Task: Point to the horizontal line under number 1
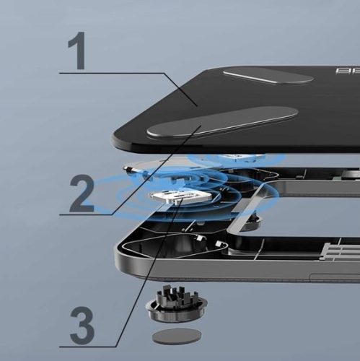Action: point(108,72)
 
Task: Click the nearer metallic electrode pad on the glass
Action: point(220,121)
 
